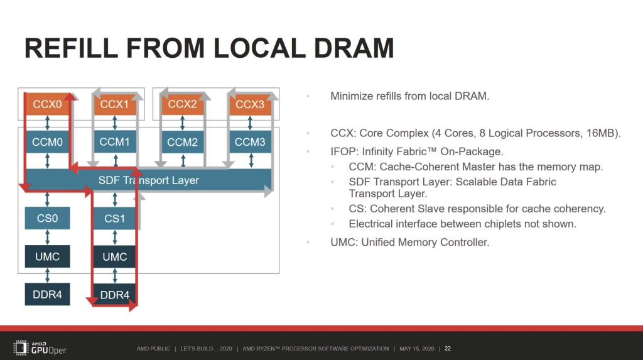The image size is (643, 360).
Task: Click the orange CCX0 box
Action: [47, 104]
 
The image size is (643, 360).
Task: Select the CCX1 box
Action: [114, 104]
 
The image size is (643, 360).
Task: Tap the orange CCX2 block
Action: [182, 104]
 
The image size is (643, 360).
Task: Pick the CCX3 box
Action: [250, 104]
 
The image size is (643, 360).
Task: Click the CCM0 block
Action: [47, 143]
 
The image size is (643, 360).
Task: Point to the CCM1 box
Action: [114, 143]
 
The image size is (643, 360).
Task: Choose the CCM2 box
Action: [182, 143]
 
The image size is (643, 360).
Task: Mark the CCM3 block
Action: [250, 143]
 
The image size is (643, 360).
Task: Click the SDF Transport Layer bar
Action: [149, 180]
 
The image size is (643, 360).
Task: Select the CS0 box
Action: [47, 218]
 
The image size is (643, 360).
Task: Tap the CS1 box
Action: [114, 219]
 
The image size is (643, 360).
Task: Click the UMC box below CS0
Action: [47, 256]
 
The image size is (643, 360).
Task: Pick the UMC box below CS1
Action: [114, 256]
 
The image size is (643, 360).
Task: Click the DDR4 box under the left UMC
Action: [47, 294]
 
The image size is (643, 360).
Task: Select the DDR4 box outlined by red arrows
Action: [114, 294]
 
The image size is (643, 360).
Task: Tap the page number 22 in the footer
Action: [448, 349]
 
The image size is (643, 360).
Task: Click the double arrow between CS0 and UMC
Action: [47, 237]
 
